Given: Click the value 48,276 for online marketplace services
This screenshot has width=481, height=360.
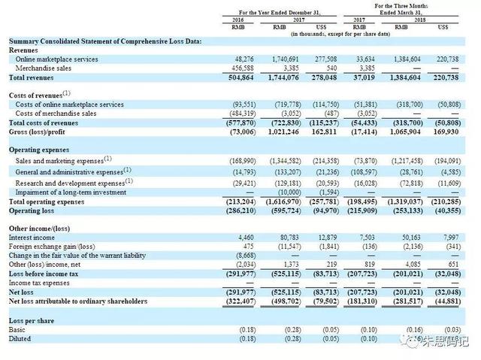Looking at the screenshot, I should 245,59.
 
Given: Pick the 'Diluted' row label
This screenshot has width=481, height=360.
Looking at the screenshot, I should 21,339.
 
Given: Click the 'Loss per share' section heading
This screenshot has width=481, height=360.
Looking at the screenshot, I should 32,321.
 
